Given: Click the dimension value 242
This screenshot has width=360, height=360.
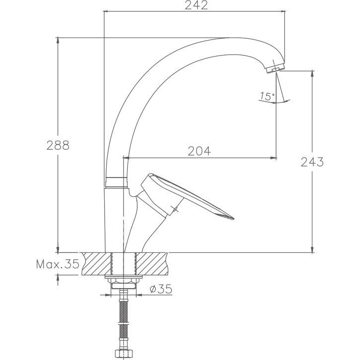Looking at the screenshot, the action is click(x=196, y=5).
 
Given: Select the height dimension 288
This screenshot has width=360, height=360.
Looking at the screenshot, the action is click(x=58, y=145).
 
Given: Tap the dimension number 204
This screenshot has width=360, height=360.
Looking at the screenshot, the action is click(x=199, y=151).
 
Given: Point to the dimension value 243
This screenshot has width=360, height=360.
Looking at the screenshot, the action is click(x=312, y=162).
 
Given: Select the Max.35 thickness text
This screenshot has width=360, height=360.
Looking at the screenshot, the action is click(x=58, y=264).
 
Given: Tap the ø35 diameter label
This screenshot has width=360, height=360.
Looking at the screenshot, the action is click(x=161, y=289).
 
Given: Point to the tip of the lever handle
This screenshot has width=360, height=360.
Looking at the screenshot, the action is click(x=233, y=218).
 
